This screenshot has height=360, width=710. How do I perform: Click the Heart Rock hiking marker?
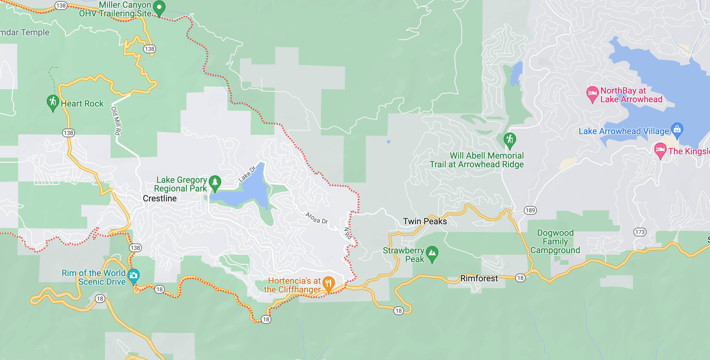[53, 102]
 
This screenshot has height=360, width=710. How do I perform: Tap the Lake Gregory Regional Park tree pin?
[215, 182]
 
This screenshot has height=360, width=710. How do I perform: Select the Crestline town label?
[160, 198]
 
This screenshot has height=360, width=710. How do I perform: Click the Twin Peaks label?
[425, 221]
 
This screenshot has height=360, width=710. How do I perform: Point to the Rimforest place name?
[479, 278]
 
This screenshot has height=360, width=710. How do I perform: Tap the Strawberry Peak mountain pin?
[432, 253]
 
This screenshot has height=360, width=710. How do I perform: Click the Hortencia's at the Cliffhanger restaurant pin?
[328, 283]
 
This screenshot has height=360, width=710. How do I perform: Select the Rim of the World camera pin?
[134, 275]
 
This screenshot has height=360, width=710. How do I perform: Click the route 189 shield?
[530, 210]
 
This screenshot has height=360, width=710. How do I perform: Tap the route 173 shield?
[640, 232]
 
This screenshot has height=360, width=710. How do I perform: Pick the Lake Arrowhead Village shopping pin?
[677, 129]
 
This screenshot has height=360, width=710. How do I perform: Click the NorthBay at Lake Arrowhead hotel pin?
[592, 93]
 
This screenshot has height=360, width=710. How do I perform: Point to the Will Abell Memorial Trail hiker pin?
[510, 139]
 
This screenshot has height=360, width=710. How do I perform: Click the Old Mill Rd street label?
[116, 121]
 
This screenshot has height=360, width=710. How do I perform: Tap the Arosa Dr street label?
[317, 218]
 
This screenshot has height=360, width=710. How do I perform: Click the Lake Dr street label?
[247, 174]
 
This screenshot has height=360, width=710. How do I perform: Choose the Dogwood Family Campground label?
[555, 241]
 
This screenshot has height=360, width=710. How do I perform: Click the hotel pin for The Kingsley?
[660, 150]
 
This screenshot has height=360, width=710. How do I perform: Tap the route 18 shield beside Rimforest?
[520, 278]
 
